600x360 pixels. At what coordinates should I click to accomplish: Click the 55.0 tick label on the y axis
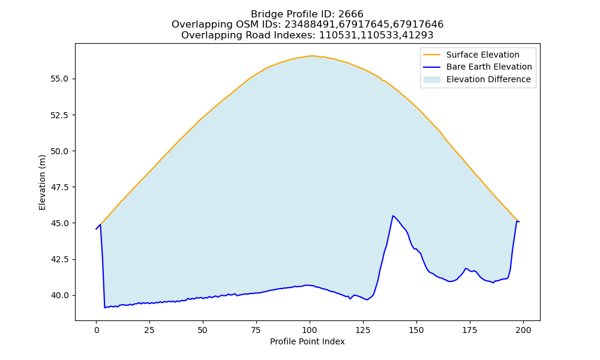click(x=59, y=79)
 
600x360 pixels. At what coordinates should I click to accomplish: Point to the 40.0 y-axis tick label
click(x=59, y=296)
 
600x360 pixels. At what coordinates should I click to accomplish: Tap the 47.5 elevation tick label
click(x=59, y=187)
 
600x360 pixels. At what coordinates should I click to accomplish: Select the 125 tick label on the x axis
click(x=363, y=331)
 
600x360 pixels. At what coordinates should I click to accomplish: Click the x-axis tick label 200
click(x=523, y=331)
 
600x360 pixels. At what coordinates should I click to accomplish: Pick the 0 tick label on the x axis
click(x=97, y=331)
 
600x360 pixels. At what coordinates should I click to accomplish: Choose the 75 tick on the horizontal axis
click(x=257, y=331)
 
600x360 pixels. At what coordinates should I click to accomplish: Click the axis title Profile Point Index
click(x=307, y=341)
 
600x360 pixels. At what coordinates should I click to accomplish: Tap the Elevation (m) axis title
click(x=42, y=182)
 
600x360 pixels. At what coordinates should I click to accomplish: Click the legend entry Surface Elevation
click(x=482, y=55)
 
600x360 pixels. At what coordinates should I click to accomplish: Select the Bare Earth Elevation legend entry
click(x=489, y=67)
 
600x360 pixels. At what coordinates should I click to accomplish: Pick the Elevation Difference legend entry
click(x=488, y=79)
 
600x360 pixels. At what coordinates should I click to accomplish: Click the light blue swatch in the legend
click(x=431, y=80)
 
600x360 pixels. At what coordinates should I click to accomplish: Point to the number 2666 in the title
click(x=350, y=14)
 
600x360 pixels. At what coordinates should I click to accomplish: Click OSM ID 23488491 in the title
click(x=311, y=25)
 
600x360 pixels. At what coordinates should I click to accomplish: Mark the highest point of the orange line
click(x=311, y=56)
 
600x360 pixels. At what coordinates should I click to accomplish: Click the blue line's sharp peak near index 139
click(x=393, y=216)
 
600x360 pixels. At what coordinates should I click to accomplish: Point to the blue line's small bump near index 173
click(x=466, y=269)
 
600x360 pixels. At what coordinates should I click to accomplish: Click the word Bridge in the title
click(x=265, y=14)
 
